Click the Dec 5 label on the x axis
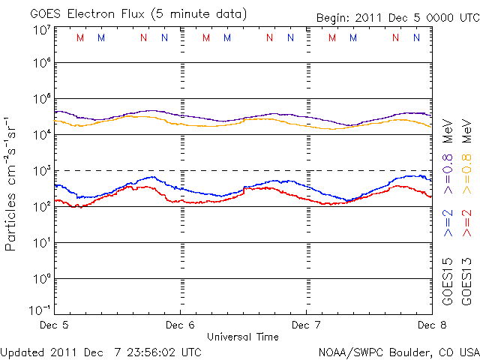pos(53,325)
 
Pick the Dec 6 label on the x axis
pos(180,325)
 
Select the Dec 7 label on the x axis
pos(306,325)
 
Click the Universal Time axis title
pos(243,337)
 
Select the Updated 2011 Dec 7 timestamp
pos(101,352)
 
